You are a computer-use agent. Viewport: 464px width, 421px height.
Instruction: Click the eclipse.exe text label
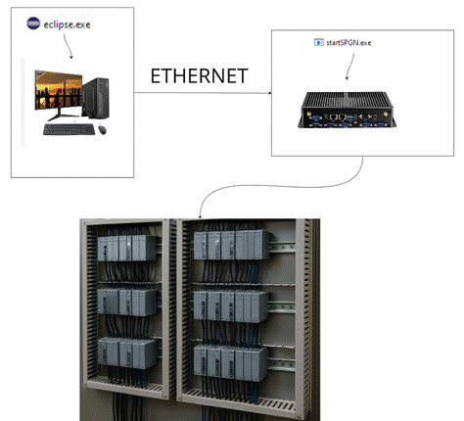point(67,24)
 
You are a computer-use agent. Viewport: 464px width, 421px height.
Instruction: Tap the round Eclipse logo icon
point(33,23)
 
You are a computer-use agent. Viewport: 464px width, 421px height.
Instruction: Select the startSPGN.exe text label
point(348,43)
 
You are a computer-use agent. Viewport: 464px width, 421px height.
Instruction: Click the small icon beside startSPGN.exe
point(319,42)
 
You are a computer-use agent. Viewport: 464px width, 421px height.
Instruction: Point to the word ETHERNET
point(199,76)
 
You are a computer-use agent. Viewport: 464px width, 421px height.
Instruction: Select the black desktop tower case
point(96,98)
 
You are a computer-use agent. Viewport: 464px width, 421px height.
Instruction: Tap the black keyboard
point(69,129)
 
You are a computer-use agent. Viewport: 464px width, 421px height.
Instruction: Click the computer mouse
point(102,129)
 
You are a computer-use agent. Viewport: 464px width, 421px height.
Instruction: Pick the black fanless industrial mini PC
point(347,110)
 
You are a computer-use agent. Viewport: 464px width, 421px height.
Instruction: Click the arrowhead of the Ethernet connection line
point(269,93)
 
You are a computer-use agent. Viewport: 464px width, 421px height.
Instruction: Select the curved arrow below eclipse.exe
point(68,46)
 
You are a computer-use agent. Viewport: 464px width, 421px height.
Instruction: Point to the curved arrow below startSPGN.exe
point(350,67)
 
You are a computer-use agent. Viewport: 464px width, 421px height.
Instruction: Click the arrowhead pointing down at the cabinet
point(200,216)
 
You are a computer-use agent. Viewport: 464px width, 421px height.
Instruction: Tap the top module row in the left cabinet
point(127,248)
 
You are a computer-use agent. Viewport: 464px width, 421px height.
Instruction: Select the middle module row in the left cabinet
point(127,302)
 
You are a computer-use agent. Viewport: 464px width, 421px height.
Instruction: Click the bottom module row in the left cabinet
point(127,353)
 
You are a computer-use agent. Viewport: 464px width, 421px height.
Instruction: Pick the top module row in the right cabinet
point(232,245)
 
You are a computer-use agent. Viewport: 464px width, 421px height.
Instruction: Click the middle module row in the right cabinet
point(231,306)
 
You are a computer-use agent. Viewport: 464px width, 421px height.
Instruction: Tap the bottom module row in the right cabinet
point(231,363)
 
